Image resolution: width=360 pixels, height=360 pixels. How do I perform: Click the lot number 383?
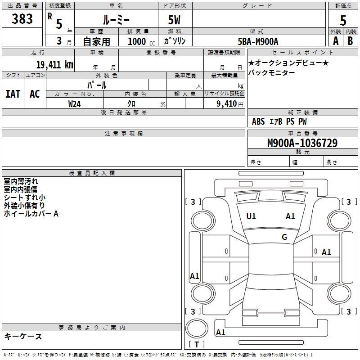click(22, 19)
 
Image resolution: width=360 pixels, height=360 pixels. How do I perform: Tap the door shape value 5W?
click(175, 20)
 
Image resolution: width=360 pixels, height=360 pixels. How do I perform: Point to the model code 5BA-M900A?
click(258, 41)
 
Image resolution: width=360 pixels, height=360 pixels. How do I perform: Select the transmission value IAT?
click(13, 94)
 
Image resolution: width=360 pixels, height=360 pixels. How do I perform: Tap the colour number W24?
click(75, 103)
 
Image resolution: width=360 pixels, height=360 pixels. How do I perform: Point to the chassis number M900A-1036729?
click(302, 143)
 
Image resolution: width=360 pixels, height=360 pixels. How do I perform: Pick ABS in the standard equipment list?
click(258, 121)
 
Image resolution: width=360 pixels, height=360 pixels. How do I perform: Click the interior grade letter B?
click(350, 40)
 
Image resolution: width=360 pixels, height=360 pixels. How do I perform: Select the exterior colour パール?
click(97, 85)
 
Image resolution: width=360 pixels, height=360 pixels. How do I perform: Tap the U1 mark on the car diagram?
click(251, 216)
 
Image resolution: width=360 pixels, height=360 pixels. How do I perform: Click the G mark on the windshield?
click(284, 237)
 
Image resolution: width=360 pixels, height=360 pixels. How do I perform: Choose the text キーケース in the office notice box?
click(23, 337)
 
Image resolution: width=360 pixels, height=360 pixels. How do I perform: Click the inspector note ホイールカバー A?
click(31, 214)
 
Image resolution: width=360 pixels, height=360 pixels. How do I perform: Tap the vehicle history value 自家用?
click(96, 41)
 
